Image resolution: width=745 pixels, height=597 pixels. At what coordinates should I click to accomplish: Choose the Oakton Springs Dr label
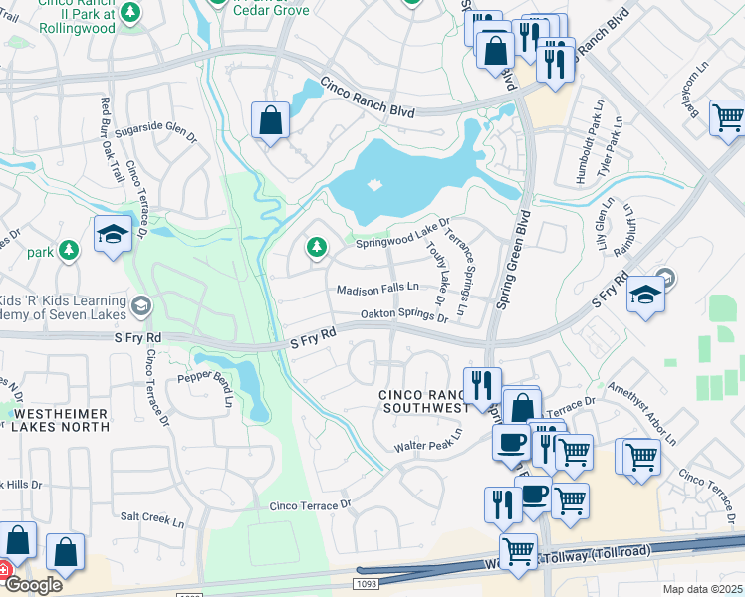pos(403,314)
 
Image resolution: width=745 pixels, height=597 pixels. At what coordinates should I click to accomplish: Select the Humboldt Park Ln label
pos(582,148)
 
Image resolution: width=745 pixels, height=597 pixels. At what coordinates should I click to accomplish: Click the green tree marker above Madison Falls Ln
pos(317,247)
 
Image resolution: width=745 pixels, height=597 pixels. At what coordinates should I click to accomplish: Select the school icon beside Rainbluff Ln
pos(645,295)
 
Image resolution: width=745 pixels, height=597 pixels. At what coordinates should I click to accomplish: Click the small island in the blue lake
pos(374,185)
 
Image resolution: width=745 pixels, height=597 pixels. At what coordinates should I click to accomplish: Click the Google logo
pos(33,584)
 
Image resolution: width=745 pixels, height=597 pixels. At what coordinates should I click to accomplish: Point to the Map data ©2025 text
pos(701,589)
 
